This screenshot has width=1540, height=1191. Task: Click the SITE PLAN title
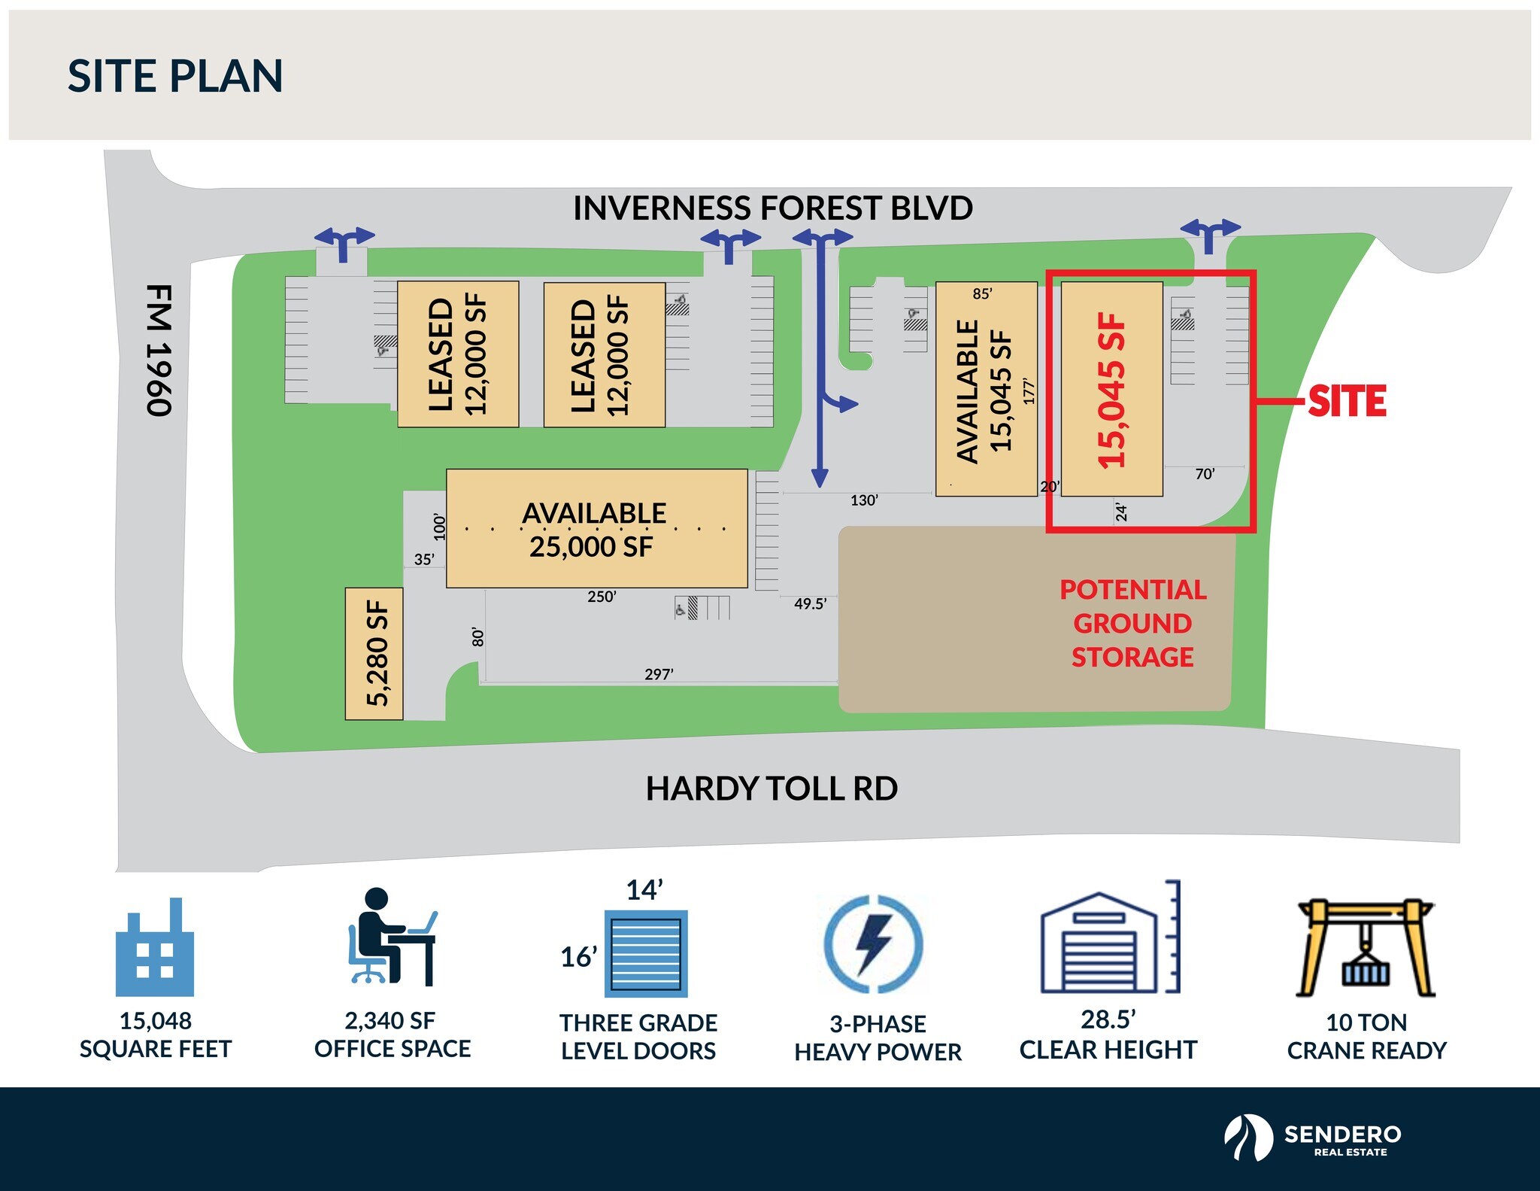[x=174, y=76]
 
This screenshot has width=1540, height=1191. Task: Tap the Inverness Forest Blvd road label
[x=772, y=208]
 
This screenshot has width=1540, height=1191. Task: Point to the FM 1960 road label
[x=159, y=350]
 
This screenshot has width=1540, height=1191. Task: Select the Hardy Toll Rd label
[x=772, y=788]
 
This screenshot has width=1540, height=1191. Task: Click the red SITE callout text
[x=1346, y=401]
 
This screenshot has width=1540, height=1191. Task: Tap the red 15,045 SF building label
[x=1111, y=390]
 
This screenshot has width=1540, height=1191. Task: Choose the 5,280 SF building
[x=375, y=653]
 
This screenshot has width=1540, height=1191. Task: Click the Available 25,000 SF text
[x=593, y=530]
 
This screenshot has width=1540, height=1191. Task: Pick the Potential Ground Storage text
[x=1132, y=623]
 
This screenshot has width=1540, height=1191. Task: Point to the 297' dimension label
[x=659, y=674]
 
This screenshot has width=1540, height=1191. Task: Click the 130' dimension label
[x=864, y=500]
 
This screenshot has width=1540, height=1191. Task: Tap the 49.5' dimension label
[x=810, y=603]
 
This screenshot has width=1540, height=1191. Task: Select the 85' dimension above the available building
[x=982, y=293]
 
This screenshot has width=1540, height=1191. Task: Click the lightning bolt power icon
[x=874, y=943]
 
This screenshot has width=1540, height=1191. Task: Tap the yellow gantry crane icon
[x=1366, y=947]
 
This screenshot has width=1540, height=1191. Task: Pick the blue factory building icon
[x=155, y=948]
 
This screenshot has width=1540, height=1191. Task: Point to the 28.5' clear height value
[x=1108, y=1019]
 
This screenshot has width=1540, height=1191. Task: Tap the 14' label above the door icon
[x=644, y=890]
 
